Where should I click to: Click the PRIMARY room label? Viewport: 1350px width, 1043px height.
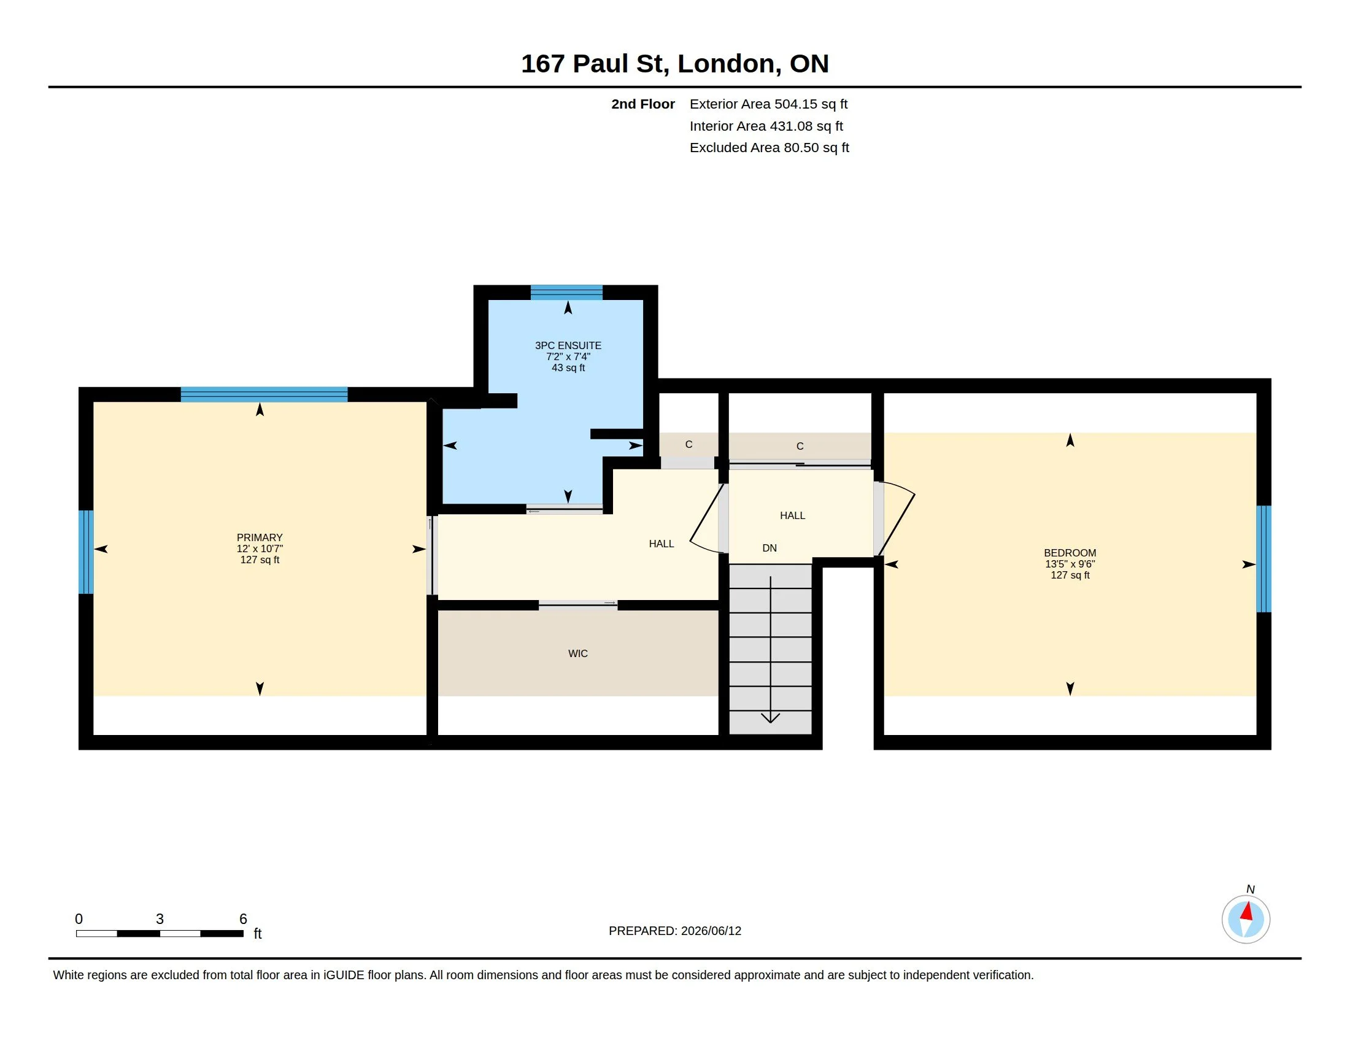[x=260, y=537]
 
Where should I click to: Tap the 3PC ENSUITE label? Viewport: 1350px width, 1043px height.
[x=568, y=345]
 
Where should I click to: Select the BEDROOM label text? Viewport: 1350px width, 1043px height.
[x=1070, y=553]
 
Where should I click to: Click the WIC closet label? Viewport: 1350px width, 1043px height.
[x=578, y=653]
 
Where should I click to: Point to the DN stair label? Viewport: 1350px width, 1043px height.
[x=769, y=548]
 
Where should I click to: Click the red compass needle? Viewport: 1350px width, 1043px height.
[x=1247, y=911]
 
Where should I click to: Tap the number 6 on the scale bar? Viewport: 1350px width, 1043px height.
[x=244, y=919]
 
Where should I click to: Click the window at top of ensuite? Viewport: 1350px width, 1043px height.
[x=567, y=292]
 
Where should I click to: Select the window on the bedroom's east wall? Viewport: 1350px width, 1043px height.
[x=1263, y=559]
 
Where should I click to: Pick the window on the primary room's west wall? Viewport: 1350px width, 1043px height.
[x=86, y=552]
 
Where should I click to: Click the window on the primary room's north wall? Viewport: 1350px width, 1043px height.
[x=264, y=394]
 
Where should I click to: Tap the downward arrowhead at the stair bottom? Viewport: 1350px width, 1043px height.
[x=770, y=717]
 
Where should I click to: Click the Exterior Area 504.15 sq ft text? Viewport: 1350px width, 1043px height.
[x=768, y=104]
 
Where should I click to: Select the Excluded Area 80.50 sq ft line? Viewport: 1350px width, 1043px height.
[x=769, y=148]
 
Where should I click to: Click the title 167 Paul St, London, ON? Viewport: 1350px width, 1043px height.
[x=675, y=64]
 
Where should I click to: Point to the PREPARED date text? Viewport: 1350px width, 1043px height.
[x=675, y=931]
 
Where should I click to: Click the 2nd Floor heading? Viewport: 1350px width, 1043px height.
[x=643, y=104]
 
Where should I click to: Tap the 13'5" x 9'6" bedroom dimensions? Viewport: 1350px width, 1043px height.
[x=1070, y=564]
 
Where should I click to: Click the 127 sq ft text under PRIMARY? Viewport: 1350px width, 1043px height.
[x=260, y=560]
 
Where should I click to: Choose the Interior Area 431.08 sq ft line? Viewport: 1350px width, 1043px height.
[x=766, y=126]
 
